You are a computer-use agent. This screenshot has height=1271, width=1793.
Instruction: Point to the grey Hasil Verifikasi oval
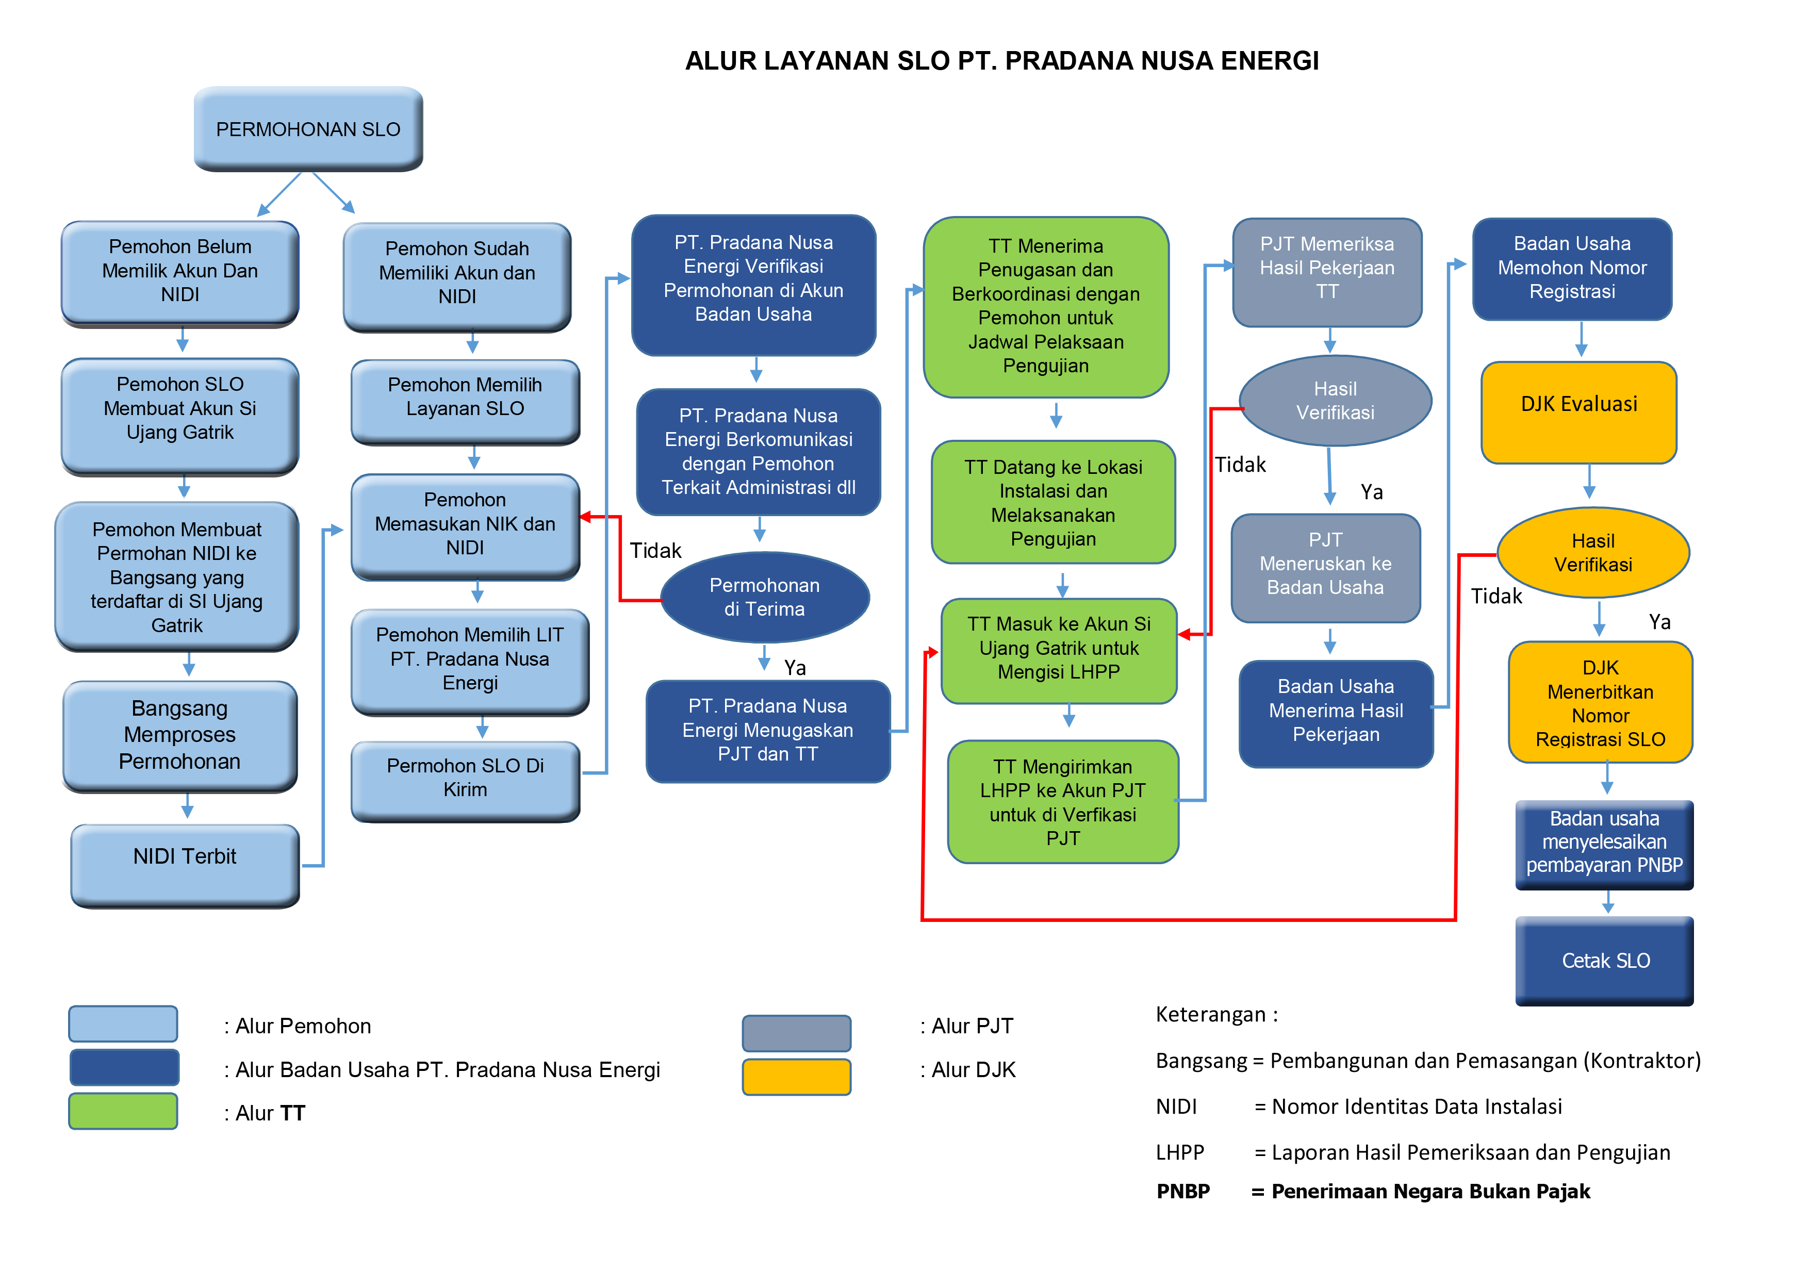coord(1335,401)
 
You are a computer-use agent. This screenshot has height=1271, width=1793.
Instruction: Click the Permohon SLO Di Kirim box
coord(465,778)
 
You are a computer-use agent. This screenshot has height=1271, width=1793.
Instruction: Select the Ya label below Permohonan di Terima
coord(794,668)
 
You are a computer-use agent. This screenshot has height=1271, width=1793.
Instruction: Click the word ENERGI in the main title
coord(1270,61)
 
